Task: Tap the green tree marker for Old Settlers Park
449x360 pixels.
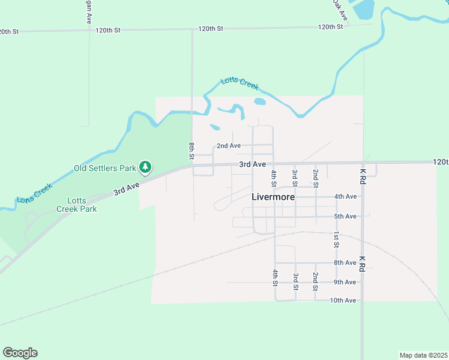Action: [145, 166]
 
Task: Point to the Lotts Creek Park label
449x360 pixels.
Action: [77, 205]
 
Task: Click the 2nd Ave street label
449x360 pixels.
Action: [229, 146]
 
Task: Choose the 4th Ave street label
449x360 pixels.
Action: [346, 196]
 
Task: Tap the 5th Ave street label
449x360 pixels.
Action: [346, 216]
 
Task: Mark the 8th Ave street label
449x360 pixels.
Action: [346, 263]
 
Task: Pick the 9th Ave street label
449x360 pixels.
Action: [346, 282]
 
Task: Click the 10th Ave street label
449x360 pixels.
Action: [344, 300]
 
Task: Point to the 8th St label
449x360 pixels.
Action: [191, 151]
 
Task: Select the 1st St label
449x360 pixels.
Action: [337, 239]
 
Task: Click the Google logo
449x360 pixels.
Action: [20, 353]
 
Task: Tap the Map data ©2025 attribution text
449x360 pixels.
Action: [423, 355]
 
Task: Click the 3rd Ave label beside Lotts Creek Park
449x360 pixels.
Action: [127, 188]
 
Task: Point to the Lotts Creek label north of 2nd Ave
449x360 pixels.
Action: [240, 83]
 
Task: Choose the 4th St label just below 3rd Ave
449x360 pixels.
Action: [274, 178]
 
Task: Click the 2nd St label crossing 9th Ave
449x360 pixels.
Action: [315, 281]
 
